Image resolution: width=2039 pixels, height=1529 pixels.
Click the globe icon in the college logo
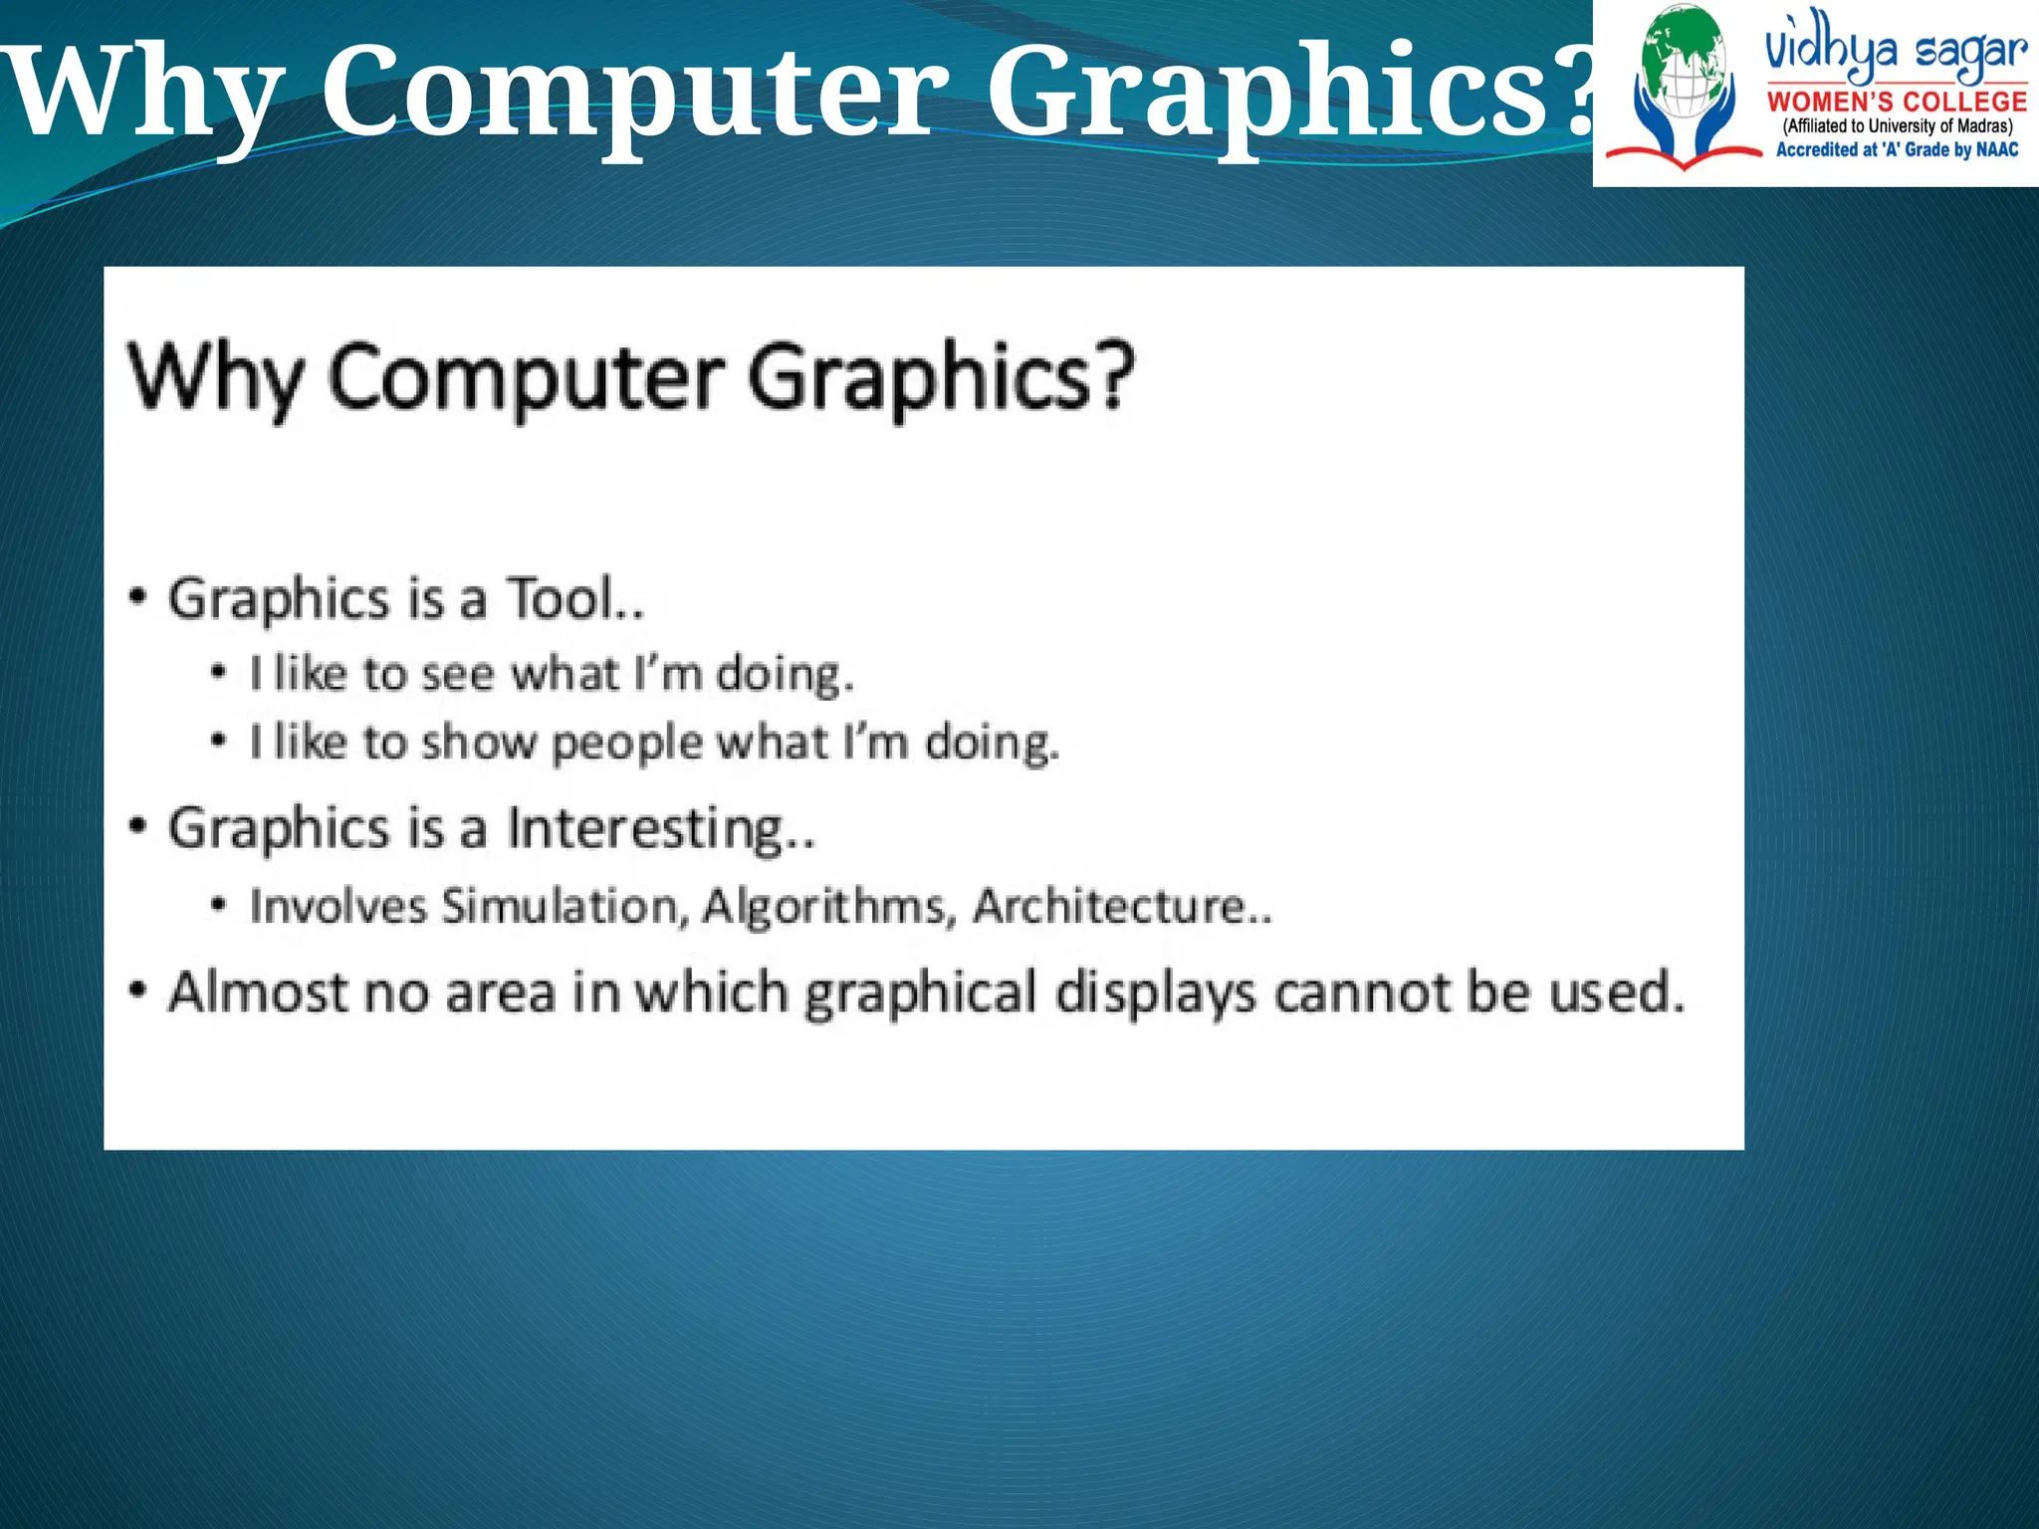click(1686, 62)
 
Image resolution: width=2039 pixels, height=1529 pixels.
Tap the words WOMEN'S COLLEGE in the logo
click(1897, 102)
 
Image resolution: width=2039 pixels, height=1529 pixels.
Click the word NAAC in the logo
click(1997, 150)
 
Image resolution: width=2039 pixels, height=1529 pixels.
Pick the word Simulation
click(565, 907)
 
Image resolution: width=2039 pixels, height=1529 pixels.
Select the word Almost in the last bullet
click(258, 992)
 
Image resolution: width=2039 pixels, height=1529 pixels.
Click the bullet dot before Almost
click(138, 991)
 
